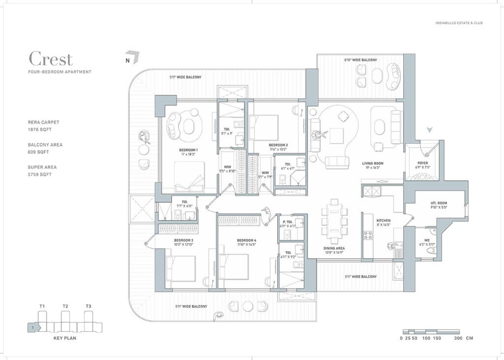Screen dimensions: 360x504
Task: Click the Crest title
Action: [x=51, y=59]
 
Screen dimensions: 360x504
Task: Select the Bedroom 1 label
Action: [x=189, y=149]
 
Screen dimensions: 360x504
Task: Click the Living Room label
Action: [x=373, y=163]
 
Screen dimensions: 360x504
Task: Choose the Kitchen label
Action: [x=383, y=221]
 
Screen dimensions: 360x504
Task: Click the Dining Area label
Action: [x=334, y=248]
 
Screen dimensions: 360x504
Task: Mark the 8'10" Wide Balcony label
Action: [x=360, y=60]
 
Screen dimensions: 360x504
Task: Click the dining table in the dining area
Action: [x=334, y=221]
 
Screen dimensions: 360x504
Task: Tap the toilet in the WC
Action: [x=430, y=251]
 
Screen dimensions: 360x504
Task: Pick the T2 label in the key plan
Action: [x=65, y=306]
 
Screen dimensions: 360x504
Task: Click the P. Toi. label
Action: [x=286, y=222]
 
